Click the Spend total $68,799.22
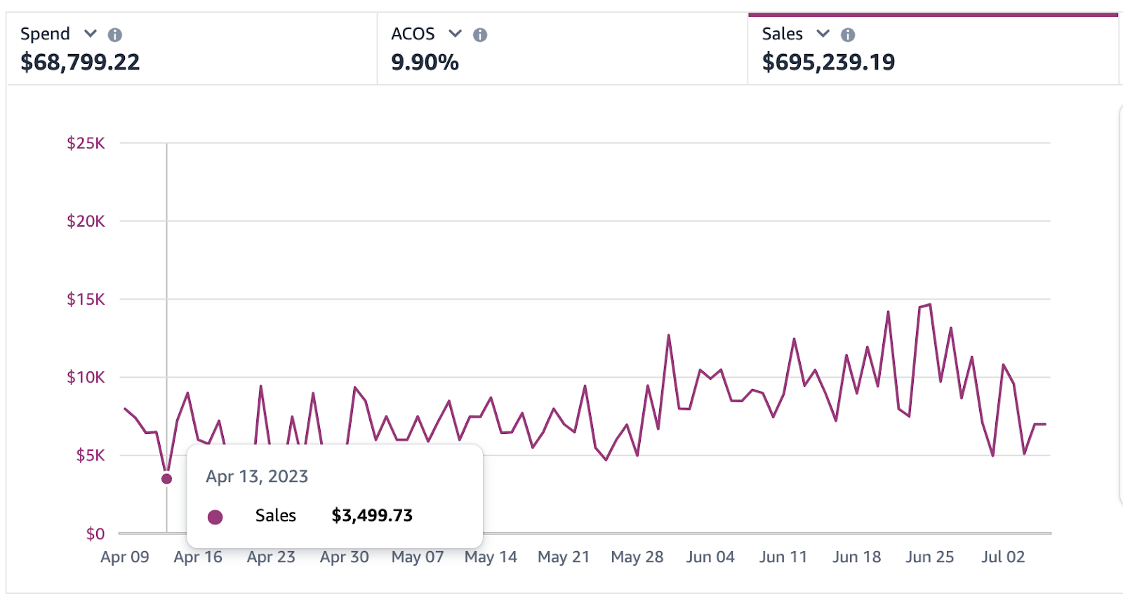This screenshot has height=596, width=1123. [80, 62]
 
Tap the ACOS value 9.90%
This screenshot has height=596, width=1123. [425, 62]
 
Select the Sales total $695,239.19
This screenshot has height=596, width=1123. [828, 62]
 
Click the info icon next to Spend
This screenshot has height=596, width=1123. [115, 34]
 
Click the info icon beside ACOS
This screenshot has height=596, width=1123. [480, 34]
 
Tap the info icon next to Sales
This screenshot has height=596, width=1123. [848, 34]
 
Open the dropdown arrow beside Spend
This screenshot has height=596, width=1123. [91, 34]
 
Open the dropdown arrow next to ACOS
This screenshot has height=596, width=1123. [456, 34]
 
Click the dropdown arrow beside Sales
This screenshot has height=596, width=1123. [823, 34]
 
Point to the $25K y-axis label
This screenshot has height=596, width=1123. [86, 143]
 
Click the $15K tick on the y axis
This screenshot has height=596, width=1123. [86, 300]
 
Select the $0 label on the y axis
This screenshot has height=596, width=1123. [95, 534]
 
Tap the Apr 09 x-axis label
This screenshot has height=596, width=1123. [125, 557]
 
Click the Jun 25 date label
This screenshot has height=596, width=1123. [929, 557]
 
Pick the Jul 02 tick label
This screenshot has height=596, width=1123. [1003, 557]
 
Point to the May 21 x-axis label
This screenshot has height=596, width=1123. [564, 557]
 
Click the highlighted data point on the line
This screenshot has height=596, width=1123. [166, 479]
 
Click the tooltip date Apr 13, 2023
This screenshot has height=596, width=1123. [257, 477]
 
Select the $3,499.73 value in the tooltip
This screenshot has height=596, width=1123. [372, 516]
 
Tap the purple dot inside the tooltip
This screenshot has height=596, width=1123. [215, 517]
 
